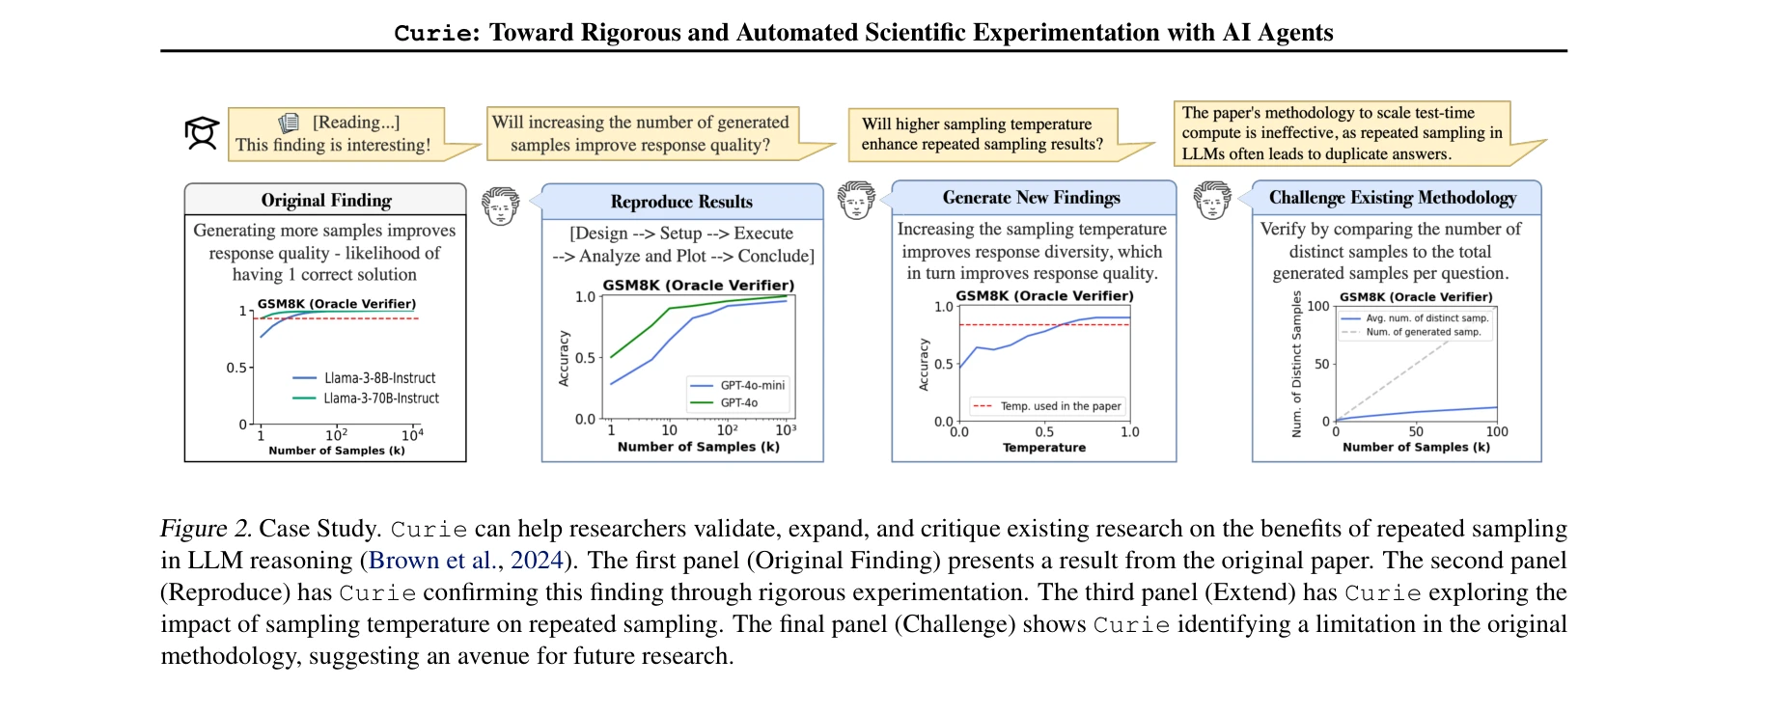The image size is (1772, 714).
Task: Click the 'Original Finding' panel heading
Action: click(326, 200)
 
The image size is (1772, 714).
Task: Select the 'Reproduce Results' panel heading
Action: click(681, 202)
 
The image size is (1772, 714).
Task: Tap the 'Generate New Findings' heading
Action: click(1031, 198)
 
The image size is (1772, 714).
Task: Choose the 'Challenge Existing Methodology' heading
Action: click(1392, 198)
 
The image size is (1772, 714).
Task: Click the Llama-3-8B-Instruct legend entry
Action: click(379, 378)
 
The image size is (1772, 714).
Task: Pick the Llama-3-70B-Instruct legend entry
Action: click(380, 398)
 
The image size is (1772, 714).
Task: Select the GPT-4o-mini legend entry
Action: click(752, 385)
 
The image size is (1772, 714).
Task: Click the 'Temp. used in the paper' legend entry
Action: click(1060, 406)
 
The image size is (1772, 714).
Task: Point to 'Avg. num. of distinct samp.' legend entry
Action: click(1426, 317)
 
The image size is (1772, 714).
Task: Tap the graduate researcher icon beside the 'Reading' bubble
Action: click(202, 133)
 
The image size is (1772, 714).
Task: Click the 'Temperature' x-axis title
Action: click(1043, 448)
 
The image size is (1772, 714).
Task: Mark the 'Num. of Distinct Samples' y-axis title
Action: click(1296, 365)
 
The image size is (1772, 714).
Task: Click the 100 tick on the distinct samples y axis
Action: click(1317, 306)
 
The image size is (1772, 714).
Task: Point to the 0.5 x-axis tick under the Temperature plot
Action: click(1044, 432)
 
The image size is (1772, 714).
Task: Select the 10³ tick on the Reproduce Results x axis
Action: click(786, 430)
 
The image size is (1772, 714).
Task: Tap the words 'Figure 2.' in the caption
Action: click(206, 529)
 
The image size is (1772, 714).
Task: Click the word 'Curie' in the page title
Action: click(433, 33)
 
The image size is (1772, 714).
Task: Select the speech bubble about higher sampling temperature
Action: click(983, 134)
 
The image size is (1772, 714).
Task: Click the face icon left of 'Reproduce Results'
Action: click(501, 206)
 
